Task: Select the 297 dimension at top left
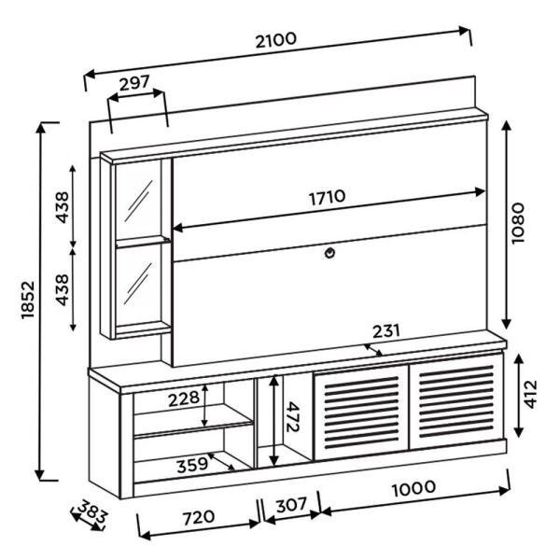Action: (x=135, y=84)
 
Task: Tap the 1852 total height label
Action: (x=27, y=300)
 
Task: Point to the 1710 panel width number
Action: (x=327, y=197)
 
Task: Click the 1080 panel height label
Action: (x=519, y=221)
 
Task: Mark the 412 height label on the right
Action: (x=529, y=395)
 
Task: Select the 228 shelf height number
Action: (x=183, y=399)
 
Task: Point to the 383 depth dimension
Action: (x=91, y=512)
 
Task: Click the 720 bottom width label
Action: (x=197, y=516)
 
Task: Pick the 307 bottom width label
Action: (x=291, y=505)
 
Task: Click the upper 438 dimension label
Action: (x=62, y=206)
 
